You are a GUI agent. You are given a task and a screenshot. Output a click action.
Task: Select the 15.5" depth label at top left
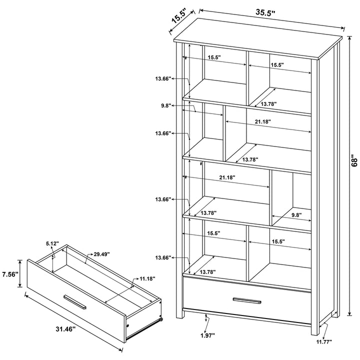click(x=179, y=16)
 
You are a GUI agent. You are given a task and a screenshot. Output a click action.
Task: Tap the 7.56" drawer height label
click(x=9, y=274)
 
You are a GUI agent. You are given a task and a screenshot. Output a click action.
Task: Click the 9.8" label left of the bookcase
click(x=166, y=105)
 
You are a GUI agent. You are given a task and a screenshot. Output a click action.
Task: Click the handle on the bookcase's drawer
click(x=247, y=300)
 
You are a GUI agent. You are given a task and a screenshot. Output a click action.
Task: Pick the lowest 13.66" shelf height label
click(x=163, y=257)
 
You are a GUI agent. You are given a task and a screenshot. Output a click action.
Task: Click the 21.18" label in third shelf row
click(x=227, y=177)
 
